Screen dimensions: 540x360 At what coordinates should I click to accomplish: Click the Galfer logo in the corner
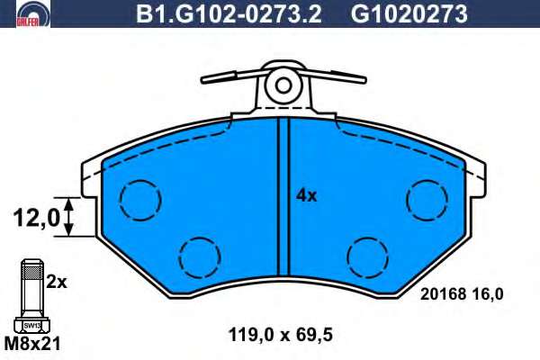click(x=33, y=13)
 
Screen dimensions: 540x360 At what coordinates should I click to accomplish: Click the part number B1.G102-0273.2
click(x=229, y=14)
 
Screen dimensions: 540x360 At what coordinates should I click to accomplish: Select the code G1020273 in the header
click(x=409, y=14)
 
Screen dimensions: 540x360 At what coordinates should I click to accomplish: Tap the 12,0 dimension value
click(x=37, y=218)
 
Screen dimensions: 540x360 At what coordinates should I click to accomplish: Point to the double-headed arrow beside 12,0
click(x=69, y=217)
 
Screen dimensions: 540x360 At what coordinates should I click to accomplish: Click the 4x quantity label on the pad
click(x=306, y=195)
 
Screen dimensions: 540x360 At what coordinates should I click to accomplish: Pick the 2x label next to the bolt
click(x=57, y=283)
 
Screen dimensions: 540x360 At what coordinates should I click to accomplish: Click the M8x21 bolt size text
click(x=32, y=344)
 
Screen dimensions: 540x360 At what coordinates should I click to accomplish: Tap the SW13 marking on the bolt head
click(x=32, y=325)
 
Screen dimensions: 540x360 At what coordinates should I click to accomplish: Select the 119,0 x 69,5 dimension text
click(x=281, y=335)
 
